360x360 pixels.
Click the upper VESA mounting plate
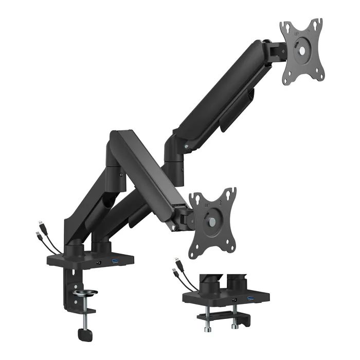pyautogui.click(x=302, y=51)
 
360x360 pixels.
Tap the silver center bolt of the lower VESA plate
pyautogui.click(x=212, y=222)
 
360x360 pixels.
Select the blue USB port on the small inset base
pyautogui.click(x=250, y=299)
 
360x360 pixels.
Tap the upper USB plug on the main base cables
pyautogui.click(x=41, y=226)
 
